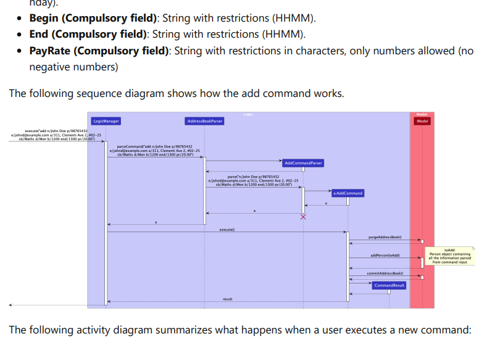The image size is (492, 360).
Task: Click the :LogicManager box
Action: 106,121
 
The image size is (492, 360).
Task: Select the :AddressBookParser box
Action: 204,121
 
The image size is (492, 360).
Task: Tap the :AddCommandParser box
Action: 303,163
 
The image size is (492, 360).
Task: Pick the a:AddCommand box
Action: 348,193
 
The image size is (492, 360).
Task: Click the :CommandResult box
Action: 389,285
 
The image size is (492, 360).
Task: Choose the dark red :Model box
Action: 422,121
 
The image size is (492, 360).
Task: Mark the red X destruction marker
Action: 303,217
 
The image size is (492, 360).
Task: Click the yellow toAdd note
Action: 449,256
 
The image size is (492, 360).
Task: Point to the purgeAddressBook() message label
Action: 385,237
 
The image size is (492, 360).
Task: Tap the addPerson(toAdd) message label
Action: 385,255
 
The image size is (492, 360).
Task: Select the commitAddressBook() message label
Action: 385,273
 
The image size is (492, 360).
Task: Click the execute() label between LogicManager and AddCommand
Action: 227,229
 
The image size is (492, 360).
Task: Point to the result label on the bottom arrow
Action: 227,299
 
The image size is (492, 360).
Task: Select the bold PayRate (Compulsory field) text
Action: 99,51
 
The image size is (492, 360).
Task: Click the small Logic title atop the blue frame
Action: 248,114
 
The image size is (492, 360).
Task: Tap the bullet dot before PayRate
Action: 21,51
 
